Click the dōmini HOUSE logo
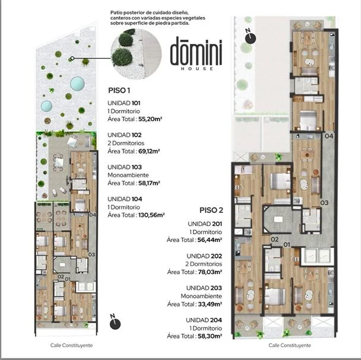(x=196, y=53)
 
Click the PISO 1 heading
(x=119, y=90)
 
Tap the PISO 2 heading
(x=211, y=211)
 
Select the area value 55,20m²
(x=150, y=119)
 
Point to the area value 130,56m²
(x=151, y=215)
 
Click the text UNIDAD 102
(x=125, y=135)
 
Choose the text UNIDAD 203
(x=204, y=288)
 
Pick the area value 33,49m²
(x=210, y=304)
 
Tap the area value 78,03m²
(x=210, y=272)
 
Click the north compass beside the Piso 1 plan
(x=115, y=322)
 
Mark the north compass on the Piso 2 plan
(x=250, y=37)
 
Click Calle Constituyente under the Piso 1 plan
(x=71, y=345)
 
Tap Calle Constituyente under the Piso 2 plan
(x=290, y=345)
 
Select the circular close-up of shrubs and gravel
(x=136, y=54)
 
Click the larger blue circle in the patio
(x=77, y=84)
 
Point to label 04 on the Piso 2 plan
(x=329, y=136)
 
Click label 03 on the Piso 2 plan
(x=324, y=203)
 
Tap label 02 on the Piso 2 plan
(x=275, y=240)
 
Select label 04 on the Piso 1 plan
(x=93, y=215)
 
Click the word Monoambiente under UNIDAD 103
(x=128, y=175)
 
